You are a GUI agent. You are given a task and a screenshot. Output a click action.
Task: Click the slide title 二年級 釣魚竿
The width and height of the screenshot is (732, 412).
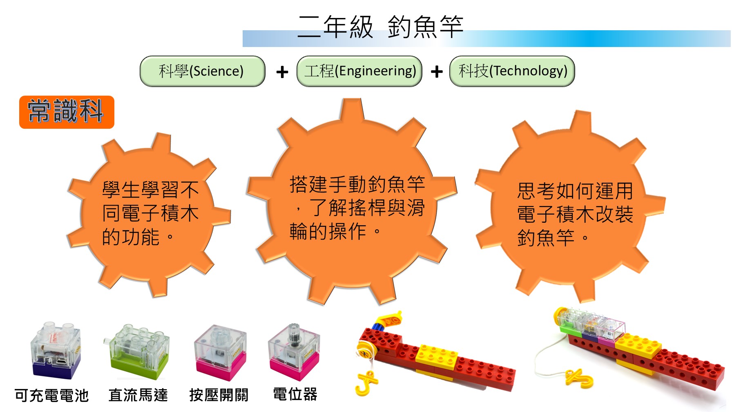(x=380, y=27)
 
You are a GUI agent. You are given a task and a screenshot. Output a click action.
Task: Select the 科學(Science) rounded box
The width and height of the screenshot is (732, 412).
(x=203, y=71)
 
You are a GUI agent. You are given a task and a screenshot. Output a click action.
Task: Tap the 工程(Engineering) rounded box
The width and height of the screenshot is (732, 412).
(x=359, y=71)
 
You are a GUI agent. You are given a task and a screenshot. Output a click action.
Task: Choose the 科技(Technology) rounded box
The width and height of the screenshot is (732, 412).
(x=512, y=71)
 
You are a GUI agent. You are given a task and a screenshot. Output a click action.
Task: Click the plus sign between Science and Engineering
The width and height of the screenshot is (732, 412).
(x=282, y=72)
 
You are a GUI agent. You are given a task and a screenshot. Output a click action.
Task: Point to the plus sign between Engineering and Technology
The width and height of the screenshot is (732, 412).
(x=437, y=72)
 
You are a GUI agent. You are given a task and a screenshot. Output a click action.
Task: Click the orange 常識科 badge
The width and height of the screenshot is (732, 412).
(x=67, y=112)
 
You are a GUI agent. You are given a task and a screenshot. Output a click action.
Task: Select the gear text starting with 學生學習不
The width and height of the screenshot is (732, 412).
(x=150, y=213)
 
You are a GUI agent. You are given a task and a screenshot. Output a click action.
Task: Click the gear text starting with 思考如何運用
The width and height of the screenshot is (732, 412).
(x=575, y=214)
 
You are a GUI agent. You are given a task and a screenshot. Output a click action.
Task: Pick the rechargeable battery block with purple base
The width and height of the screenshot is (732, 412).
(x=56, y=350)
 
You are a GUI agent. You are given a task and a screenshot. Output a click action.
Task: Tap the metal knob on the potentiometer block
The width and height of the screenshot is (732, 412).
(x=294, y=333)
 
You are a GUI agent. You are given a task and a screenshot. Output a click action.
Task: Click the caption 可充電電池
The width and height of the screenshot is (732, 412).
(x=51, y=395)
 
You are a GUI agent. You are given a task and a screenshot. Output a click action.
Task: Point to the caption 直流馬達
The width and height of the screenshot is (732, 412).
(x=138, y=395)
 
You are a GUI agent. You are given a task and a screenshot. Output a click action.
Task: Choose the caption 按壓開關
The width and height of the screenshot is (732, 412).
(x=219, y=395)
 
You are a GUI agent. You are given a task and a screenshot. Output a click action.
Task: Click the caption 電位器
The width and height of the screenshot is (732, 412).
(x=295, y=394)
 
